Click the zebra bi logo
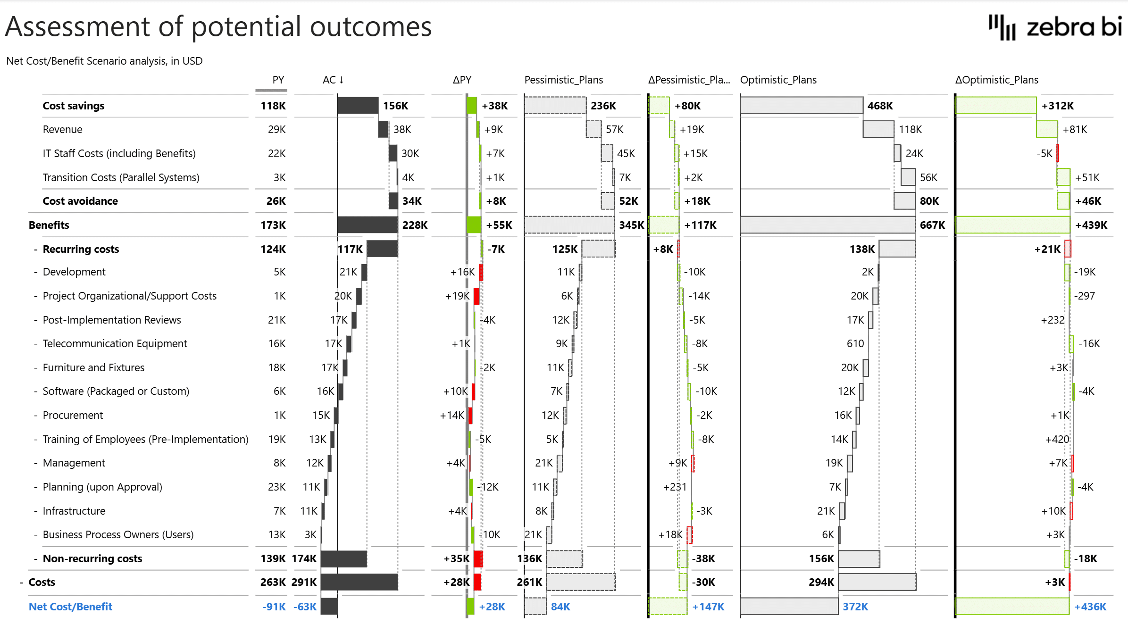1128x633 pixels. point(1055,27)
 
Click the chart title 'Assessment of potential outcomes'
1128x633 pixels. point(218,27)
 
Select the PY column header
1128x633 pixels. point(278,80)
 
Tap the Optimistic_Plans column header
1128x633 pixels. point(778,80)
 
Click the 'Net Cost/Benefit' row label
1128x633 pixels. point(70,607)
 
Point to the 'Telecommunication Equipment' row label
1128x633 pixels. point(115,343)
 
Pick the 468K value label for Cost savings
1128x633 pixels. point(880,106)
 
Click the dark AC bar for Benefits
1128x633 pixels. point(368,225)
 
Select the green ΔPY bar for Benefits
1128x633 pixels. point(474,225)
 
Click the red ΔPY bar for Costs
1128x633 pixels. point(477,582)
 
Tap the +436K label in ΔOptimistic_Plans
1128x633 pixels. point(1090,607)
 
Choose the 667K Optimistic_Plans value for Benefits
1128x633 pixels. point(932,225)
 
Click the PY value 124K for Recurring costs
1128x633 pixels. point(273,249)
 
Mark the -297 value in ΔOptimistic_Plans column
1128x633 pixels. point(1085,296)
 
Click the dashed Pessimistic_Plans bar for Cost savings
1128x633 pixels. point(555,106)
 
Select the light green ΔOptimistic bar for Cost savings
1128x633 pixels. point(996,106)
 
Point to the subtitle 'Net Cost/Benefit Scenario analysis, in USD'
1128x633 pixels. point(104,61)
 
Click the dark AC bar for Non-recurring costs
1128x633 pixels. point(343,558)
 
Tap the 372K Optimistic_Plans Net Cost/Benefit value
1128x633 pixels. point(855,607)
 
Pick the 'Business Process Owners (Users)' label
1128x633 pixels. point(118,534)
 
